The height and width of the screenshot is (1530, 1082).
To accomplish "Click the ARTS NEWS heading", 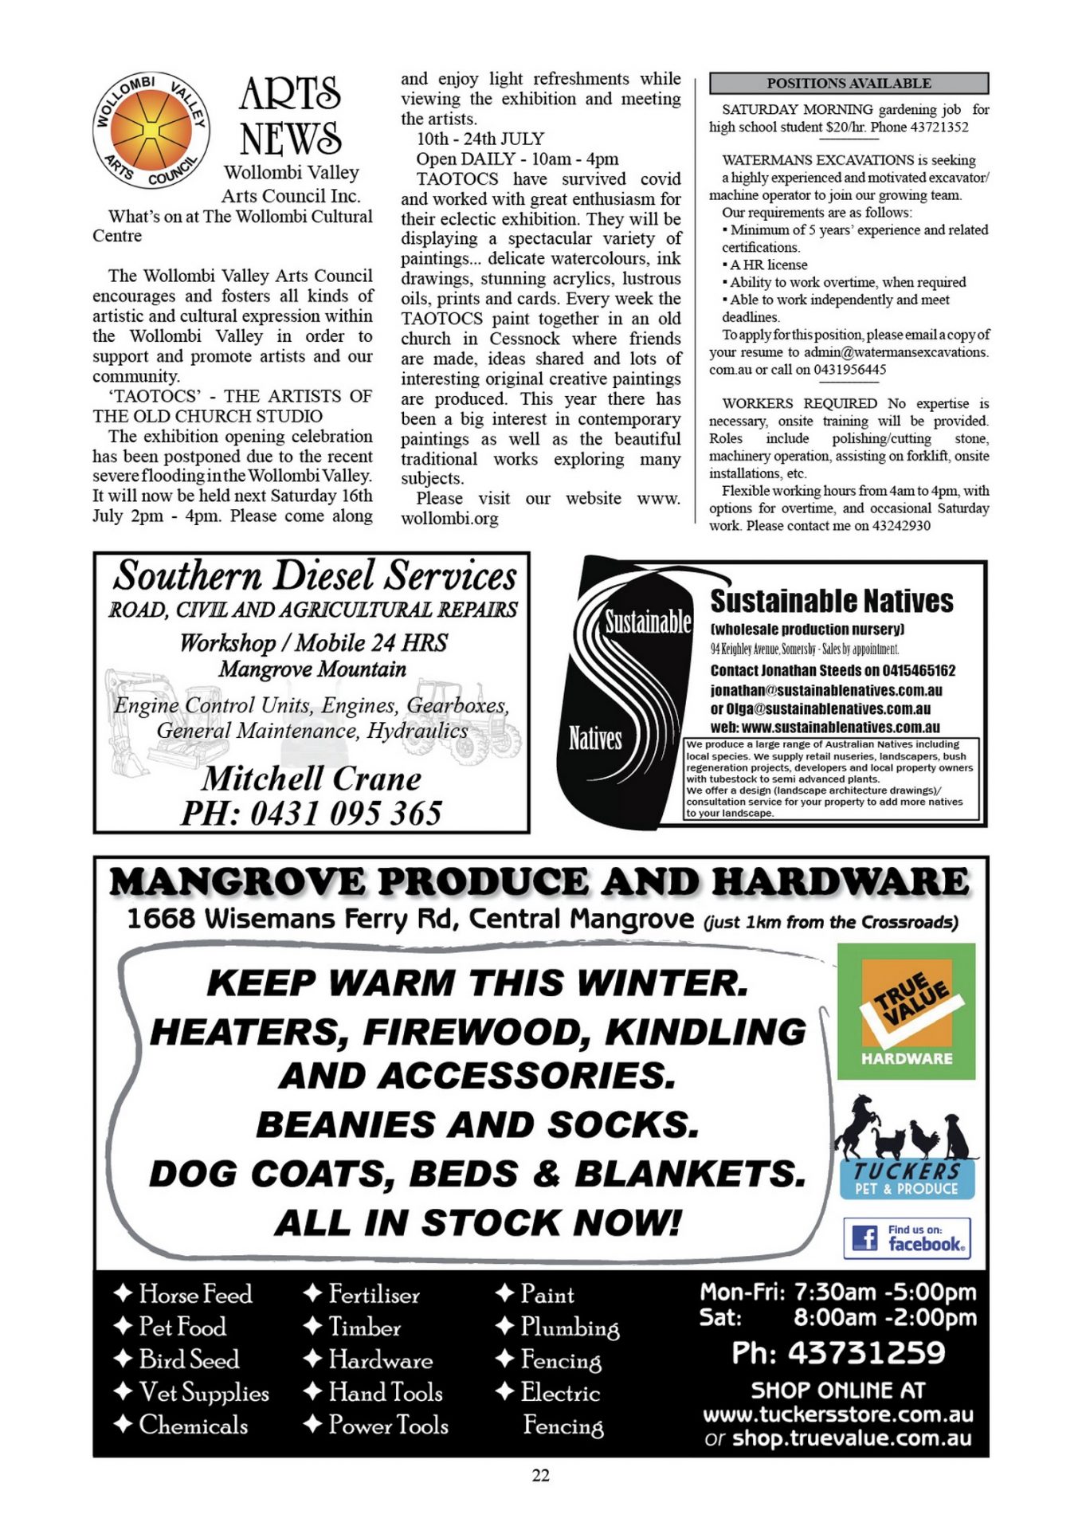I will tap(291, 116).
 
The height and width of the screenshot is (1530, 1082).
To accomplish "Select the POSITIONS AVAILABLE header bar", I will tap(849, 83).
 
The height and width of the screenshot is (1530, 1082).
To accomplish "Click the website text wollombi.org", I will tap(449, 519).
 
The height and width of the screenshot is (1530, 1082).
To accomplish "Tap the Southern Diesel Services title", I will tap(314, 576).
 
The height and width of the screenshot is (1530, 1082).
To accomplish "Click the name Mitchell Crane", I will tap(312, 779).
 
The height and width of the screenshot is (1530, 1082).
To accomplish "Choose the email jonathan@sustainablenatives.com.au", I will tap(826, 690).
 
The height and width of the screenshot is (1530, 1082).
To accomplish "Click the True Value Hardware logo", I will tap(906, 1011).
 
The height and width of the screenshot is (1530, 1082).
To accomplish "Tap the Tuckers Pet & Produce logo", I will tap(906, 1148).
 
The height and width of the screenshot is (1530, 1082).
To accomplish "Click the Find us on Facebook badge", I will tap(907, 1238).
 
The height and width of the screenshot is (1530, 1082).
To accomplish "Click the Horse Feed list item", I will tap(194, 1294).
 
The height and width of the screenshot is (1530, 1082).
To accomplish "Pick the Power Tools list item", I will tap(388, 1425).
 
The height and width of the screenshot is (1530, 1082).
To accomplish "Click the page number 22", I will tap(540, 1476).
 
